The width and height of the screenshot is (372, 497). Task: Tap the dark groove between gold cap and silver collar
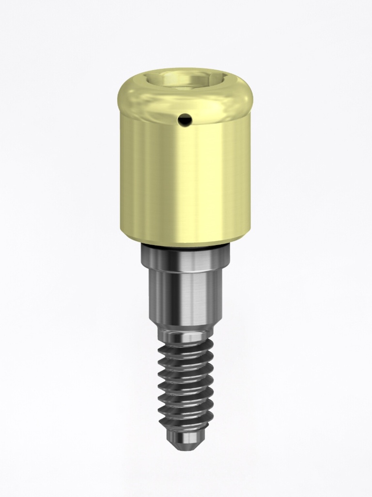point(185,247)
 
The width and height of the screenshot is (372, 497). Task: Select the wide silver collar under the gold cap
point(185,257)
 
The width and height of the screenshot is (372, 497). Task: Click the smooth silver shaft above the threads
point(185,296)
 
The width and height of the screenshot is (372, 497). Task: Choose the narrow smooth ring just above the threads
point(185,335)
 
